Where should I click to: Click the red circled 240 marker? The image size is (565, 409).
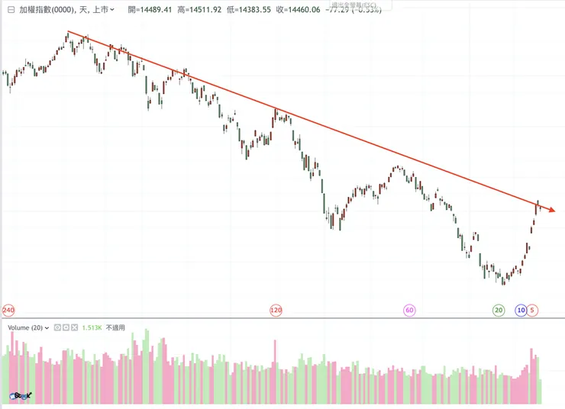[x=9, y=311]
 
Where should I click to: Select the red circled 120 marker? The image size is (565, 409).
[x=276, y=311]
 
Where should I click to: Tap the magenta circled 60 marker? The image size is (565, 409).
[x=409, y=311]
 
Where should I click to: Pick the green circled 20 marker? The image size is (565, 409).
[x=499, y=311]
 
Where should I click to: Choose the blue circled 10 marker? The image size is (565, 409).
[x=521, y=311]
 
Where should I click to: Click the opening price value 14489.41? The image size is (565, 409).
[x=155, y=10]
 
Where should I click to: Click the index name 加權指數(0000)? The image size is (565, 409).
[x=45, y=10]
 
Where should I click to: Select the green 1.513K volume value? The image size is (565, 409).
[x=92, y=327]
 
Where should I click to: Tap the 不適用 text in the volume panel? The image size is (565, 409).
[x=115, y=327]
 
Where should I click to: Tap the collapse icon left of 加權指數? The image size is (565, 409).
[x=10, y=10]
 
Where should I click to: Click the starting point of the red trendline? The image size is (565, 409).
[x=68, y=31]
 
